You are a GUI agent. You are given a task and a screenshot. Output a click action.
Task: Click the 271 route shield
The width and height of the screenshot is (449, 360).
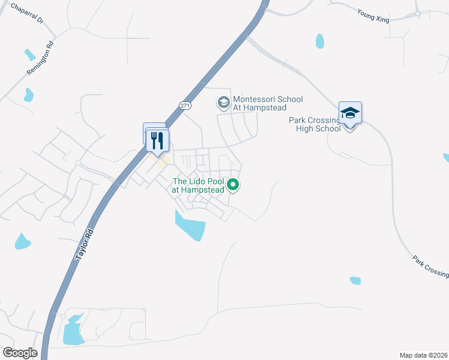point(185,105)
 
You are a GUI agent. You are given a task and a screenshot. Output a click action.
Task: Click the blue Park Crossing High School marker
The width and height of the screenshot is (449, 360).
point(350,114)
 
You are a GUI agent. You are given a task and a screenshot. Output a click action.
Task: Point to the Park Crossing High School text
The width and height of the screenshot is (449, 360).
point(315,124)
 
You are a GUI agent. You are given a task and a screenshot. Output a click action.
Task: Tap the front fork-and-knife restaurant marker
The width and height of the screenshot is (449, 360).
point(157,142)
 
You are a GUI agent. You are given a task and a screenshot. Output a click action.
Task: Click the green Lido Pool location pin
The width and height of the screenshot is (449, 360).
point(234,185)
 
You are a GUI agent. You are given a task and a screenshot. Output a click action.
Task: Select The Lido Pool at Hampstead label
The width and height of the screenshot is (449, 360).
point(198,185)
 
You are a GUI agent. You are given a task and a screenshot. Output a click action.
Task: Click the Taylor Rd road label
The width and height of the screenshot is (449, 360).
point(85,243)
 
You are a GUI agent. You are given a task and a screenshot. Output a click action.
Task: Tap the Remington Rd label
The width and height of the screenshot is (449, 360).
point(40,58)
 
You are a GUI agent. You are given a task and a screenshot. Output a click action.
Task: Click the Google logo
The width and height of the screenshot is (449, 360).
point(20,353)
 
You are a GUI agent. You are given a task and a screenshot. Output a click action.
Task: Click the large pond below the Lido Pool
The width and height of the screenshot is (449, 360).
point(191,226)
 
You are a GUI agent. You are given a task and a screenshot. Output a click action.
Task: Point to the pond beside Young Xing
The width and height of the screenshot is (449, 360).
point(320,41)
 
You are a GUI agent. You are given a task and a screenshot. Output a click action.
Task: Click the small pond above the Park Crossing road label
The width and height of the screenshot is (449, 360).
point(355,280)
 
